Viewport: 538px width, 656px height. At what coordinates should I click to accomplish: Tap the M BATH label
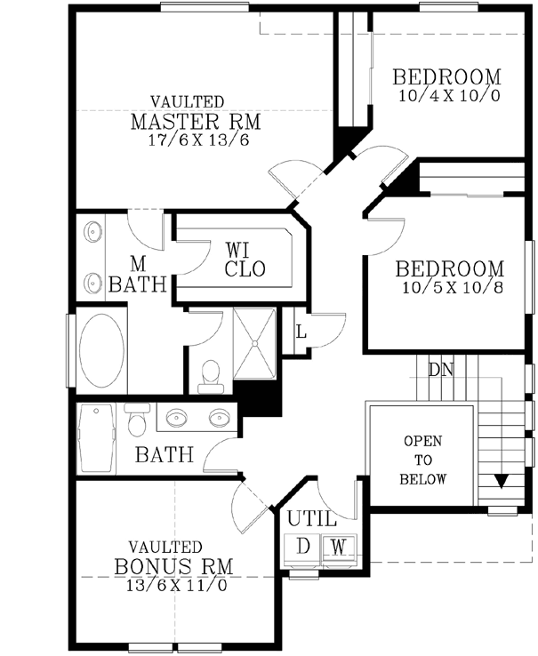pos(138,275)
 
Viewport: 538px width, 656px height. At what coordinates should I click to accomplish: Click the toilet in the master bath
pos(211,375)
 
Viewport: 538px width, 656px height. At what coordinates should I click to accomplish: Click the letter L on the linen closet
pos(301,332)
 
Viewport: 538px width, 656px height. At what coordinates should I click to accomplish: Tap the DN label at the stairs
pos(441,368)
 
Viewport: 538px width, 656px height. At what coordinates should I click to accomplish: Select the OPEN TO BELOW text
pos(423,460)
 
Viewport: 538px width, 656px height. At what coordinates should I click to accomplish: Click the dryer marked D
pos(303,546)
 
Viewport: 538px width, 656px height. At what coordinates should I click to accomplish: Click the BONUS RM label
pos(174,566)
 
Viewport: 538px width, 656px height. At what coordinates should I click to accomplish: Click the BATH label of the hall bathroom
pos(165,455)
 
